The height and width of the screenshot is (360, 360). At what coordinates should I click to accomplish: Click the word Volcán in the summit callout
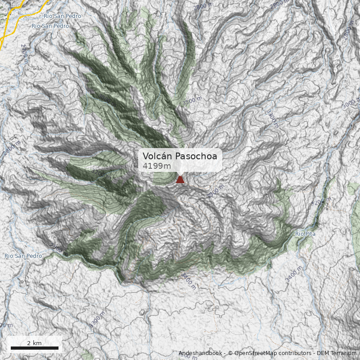coord(157,156)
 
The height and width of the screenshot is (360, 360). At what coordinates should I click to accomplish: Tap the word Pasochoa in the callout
coord(196,156)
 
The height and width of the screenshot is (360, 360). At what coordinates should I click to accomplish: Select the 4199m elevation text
coord(157,166)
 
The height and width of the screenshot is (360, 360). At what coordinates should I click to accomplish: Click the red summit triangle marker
coord(180,179)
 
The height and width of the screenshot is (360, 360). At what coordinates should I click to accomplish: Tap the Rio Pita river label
coord(305,234)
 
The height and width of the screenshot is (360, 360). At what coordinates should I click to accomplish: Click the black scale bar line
coord(35,348)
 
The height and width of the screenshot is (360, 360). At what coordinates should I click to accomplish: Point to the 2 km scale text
coord(34,343)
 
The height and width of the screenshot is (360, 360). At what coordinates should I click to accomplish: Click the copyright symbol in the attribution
coord(230,353)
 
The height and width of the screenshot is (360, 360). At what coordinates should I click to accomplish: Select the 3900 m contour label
coord(215,191)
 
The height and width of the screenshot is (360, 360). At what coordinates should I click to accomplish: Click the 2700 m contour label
coord(24,54)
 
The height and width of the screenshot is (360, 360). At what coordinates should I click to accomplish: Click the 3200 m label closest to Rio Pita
coord(321,202)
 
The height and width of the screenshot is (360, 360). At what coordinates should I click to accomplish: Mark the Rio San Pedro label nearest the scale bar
coord(23,256)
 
